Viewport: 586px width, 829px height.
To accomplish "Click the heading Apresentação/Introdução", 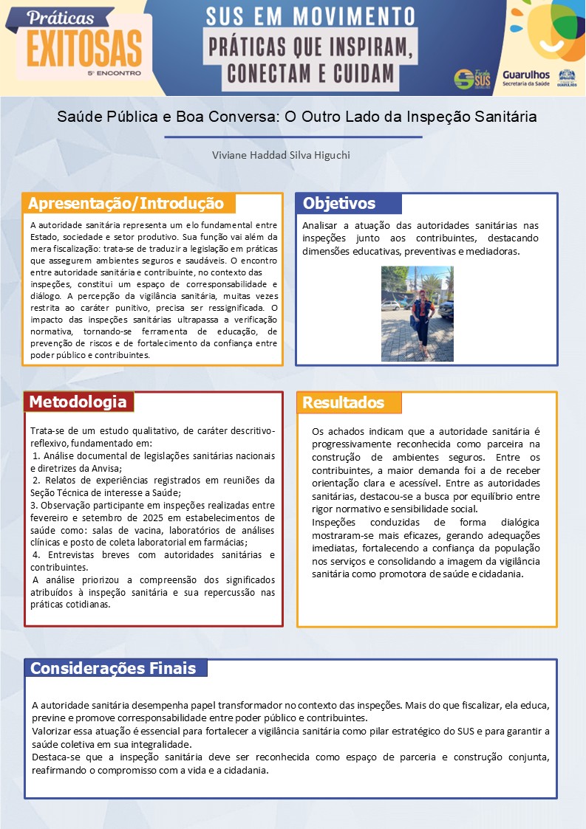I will pyautogui.click(x=126, y=204).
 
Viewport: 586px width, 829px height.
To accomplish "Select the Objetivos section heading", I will pyautogui.click(x=339, y=204).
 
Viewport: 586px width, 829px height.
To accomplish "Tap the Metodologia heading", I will pyautogui.click(x=78, y=402).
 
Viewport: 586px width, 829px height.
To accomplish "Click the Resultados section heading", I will pyautogui.click(x=343, y=402).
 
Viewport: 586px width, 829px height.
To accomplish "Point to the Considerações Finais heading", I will pyautogui.click(x=113, y=669).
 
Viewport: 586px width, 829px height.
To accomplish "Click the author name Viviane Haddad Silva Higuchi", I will pyautogui.click(x=270, y=155).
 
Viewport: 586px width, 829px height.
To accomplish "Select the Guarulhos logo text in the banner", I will pyautogui.click(x=525, y=75).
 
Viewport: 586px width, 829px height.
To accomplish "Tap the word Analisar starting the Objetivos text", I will pyautogui.click(x=321, y=224).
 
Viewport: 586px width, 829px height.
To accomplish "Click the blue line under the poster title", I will pyautogui.click(x=293, y=137).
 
